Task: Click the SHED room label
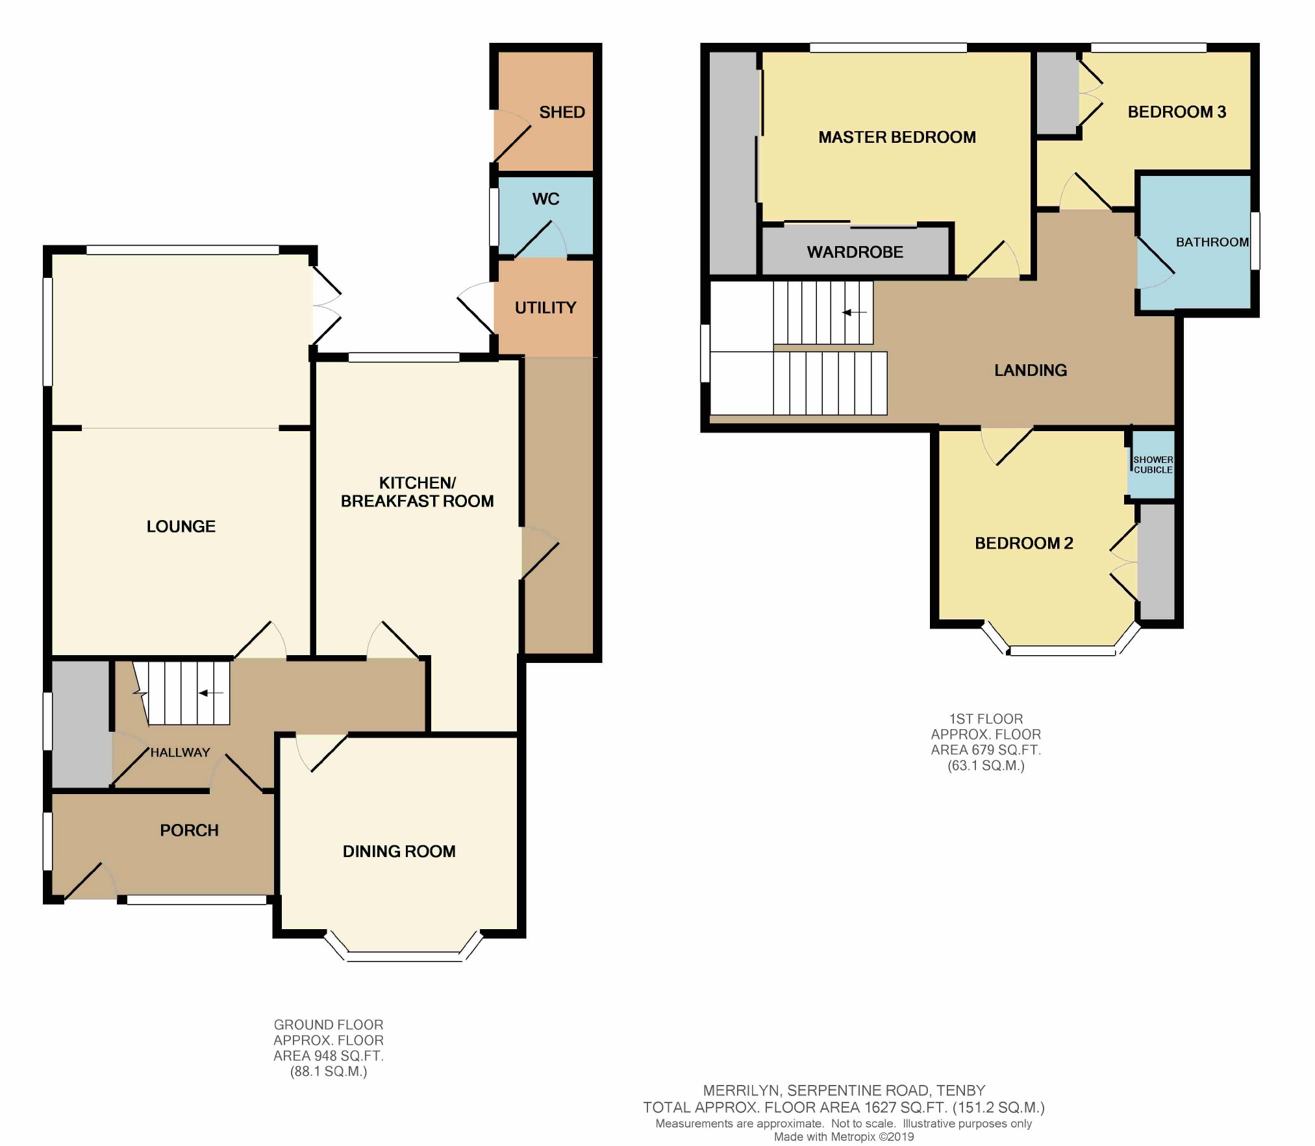562,112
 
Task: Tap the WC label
545,199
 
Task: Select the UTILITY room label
545,308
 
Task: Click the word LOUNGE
181,527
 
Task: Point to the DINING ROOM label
399,851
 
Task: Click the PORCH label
189,830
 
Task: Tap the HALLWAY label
180,753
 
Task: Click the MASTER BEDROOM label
897,138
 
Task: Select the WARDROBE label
855,253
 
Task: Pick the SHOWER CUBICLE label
1153,465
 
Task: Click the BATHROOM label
1212,242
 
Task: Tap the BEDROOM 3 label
1177,112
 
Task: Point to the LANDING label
1031,371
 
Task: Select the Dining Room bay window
404,956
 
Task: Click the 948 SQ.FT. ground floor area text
328,1056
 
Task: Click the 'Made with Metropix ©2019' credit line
844,1137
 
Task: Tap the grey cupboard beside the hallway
80,724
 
